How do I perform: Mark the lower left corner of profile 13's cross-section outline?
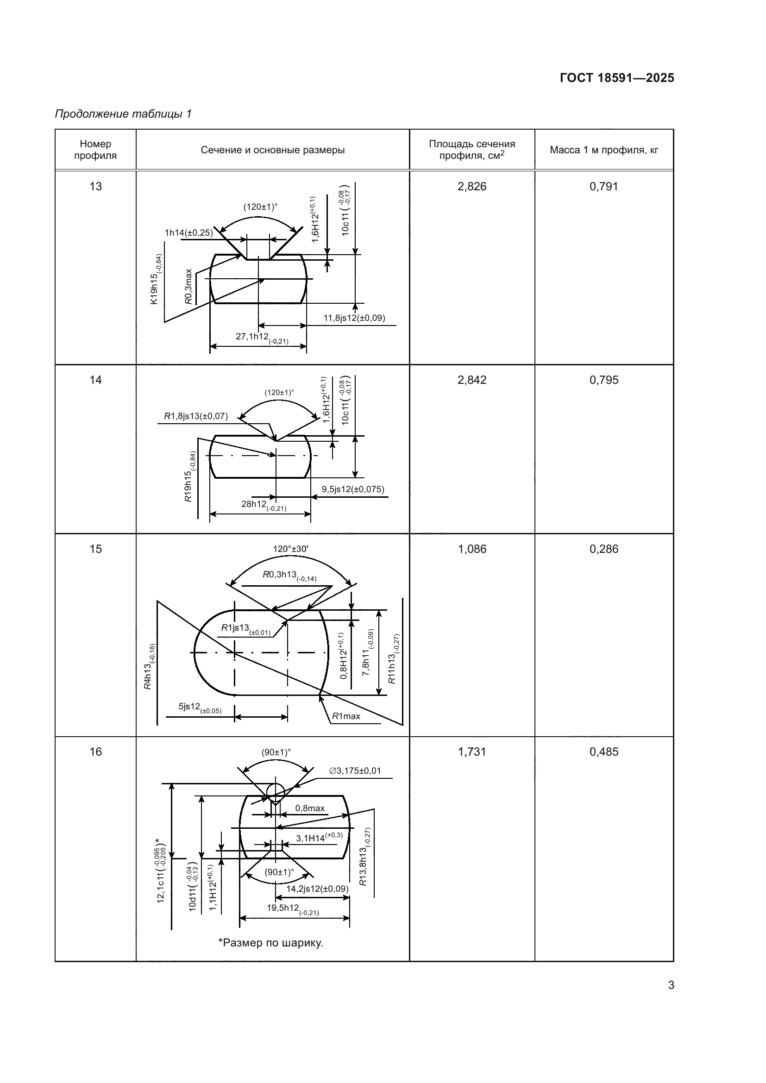pyautogui.click(x=215, y=303)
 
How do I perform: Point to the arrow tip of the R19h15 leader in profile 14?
pyautogui.click(x=276, y=456)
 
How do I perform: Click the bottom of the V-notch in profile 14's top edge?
pyautogui.click(x=276, y=441)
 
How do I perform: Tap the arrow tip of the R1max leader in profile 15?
pyautogui.click(x=320, y=697)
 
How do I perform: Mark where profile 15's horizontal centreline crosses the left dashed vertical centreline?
pyautogui.click(x=234, y=653)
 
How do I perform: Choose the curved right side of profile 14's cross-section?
pyautogui.click(x=308, y=457)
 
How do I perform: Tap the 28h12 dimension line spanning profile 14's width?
pyautogui.click(x=260, y=513)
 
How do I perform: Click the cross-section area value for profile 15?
pyautogui.click(x=471, y=549)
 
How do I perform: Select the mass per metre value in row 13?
pyautogui.click(x=604, y=186)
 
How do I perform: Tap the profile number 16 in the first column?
pyautogui.click(x=96, y=751)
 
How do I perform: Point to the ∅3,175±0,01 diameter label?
pyautogui.click(x=355, y=771)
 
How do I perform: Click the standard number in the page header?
pyautogui.click(x=617, y=78)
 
